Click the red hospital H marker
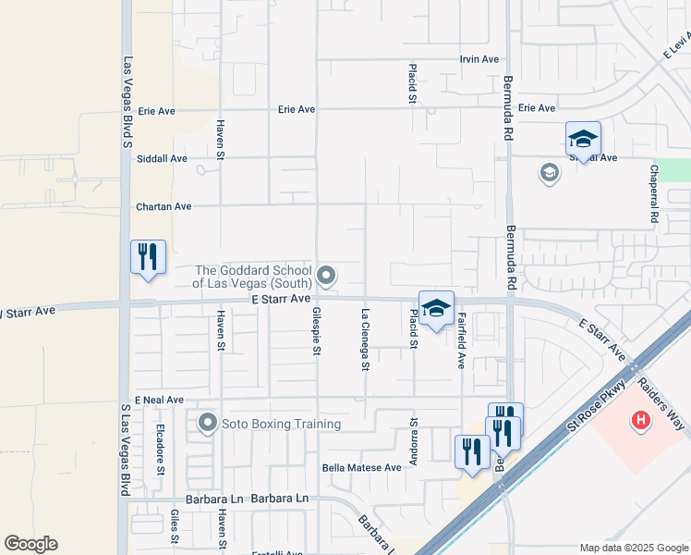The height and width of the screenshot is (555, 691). [639, 423]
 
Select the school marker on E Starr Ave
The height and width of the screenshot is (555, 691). [436, 309]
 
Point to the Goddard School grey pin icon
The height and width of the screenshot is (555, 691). [326, 275]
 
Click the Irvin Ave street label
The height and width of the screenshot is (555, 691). [479, 59]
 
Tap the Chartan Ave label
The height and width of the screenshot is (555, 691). [164, 206]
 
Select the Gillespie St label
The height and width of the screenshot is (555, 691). [317, 330]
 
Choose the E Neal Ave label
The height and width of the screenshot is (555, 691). [159, 400]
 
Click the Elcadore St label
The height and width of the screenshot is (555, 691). [160, 449]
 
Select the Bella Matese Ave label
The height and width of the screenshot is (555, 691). [361, 468]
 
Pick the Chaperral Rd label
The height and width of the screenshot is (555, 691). [653, 193]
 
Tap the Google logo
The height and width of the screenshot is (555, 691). [30, 544]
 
